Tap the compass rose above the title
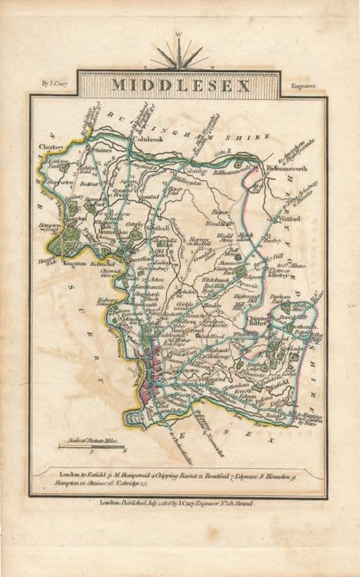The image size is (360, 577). click(179, 56)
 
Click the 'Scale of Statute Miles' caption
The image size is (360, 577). click(92, 440)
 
